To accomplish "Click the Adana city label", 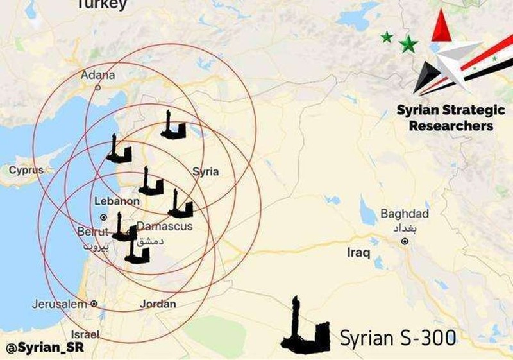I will [97, 75].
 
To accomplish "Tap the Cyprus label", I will [26, 171].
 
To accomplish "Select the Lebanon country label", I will [117, 201].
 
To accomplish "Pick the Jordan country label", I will [158, 304].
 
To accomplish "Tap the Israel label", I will [85, 334].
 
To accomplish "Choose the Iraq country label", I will [358, 253].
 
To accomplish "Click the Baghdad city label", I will [404, 214].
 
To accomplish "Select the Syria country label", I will [205, 171].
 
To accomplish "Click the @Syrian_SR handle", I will [45, 348].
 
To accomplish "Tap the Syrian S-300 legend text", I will [397, 338].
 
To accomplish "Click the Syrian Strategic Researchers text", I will [451, 117].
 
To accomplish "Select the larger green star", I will [408, 44].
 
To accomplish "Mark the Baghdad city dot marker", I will [405, 242].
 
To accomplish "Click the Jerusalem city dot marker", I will [94, 304].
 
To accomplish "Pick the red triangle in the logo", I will [442, 26].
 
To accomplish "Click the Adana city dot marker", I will [98, 87].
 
